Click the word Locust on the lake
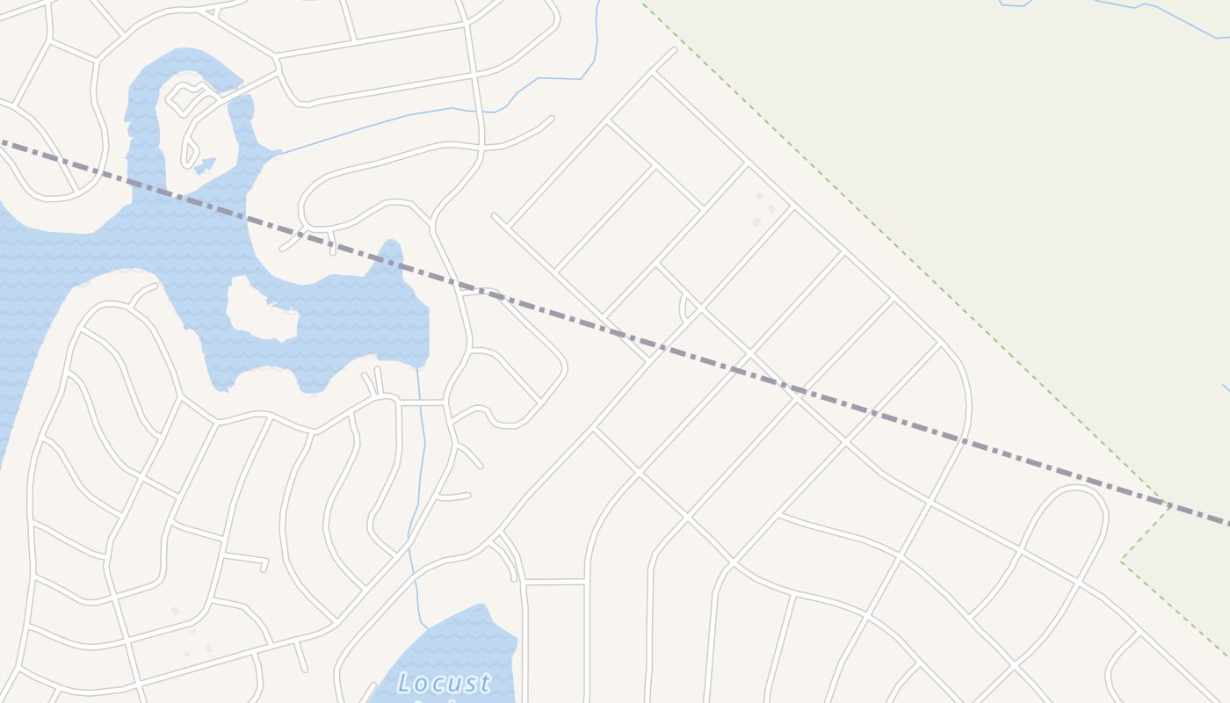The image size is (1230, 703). (x=444, y=683)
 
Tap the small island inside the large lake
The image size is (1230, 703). (x=262, y=309)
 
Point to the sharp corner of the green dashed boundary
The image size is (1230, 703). (x=1122, y=560)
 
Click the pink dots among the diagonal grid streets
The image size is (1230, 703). (x=762, y=210)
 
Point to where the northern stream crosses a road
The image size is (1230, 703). (x=479, y=112)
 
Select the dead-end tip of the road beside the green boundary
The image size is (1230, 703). (x=674, y=49)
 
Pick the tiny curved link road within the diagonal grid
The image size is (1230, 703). (x=684, y=308)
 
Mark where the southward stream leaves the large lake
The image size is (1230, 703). (x=417, y=369)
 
